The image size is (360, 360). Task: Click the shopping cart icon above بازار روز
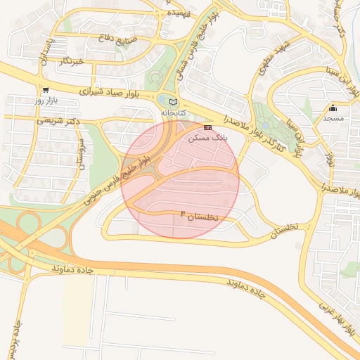click(46, 90)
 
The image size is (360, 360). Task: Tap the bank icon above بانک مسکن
click(207, 127)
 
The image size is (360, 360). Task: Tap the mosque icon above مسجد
click(333, 108)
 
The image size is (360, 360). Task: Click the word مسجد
click(333, 119)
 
